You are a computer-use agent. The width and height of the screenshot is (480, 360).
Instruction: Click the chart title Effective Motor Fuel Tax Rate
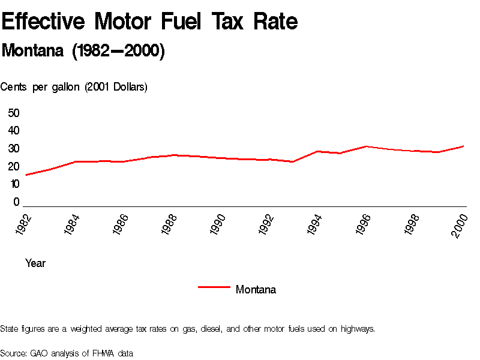(149, 22)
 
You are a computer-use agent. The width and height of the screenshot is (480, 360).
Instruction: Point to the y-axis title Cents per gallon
(74, 87)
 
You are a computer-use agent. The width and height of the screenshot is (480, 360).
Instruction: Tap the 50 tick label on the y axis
(14, 113)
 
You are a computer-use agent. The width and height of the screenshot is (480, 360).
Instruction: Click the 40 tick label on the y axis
(14, 131)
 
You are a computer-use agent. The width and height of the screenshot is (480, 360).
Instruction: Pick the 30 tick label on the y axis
(14, 149)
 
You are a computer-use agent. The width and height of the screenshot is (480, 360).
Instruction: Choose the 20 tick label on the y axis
(14, 167)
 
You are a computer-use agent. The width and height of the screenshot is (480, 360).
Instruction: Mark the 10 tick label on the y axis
(14, 184)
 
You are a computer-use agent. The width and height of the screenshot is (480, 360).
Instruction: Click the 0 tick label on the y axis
(17, 202)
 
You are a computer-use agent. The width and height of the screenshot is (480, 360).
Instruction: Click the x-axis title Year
(35, 263)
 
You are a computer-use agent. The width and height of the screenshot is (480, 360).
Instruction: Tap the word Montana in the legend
(256, 290)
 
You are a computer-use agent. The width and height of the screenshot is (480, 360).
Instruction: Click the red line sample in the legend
(214, 287)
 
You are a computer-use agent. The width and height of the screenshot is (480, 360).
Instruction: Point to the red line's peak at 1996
(366, 146)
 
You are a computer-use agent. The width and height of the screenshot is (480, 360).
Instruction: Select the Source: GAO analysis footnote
(67, 353)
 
